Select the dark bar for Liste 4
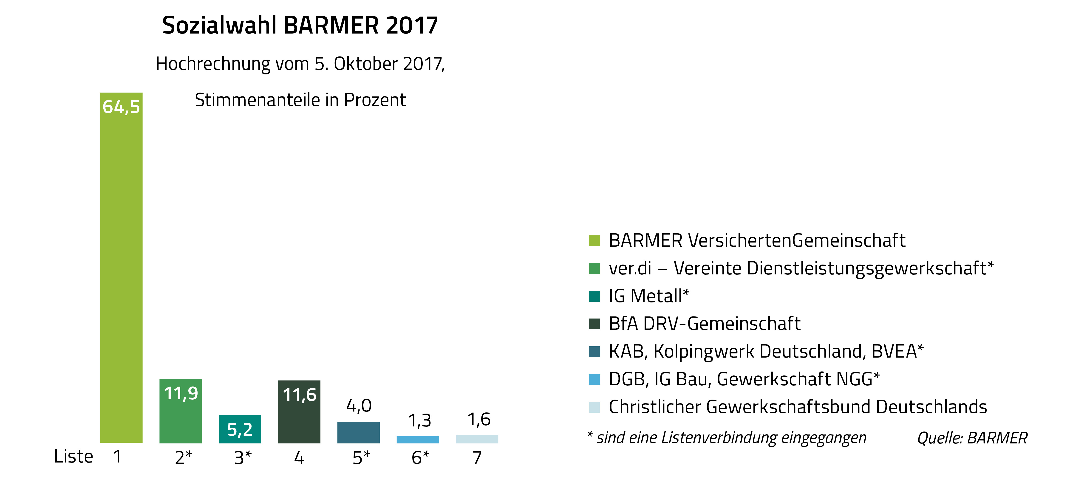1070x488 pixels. click(x=299, y=420)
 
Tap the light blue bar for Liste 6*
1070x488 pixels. click(x=417, y=439)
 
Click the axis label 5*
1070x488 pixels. click(x=361, y=458)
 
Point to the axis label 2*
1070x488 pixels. click(x=183, y=458)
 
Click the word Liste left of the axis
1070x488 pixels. click(x=74, y=457)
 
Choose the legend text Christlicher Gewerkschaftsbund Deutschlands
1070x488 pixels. click(x=798, y=407)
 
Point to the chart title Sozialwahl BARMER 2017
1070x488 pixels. click(x=300, y=26)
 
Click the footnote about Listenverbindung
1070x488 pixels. click(x=727, y=438)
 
